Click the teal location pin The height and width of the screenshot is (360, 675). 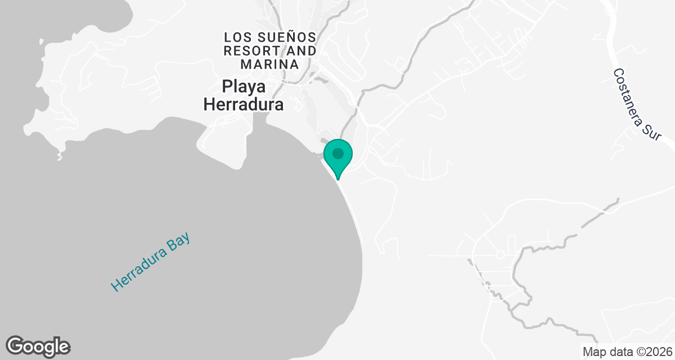pos(338,156)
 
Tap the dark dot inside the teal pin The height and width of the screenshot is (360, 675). pos(338,153)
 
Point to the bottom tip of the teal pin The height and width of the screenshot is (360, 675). pos(338,179)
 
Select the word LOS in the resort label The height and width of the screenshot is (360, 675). pos(236,37)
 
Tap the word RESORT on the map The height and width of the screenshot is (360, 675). pos(247,51)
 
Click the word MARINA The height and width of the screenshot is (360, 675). pos(269,64)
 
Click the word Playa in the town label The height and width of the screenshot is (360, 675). pos(244,88)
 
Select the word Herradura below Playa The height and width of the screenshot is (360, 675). pos(243,105)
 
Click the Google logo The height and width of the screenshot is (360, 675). pos(38,346)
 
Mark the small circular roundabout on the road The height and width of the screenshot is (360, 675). pos(500,255)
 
